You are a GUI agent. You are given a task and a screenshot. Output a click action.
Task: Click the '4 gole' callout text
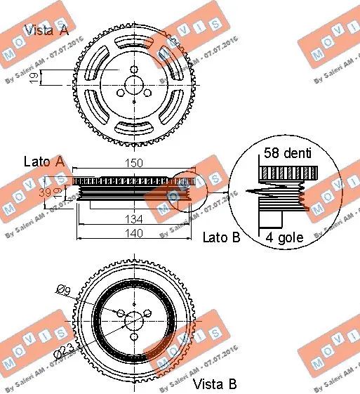(284, 237)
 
